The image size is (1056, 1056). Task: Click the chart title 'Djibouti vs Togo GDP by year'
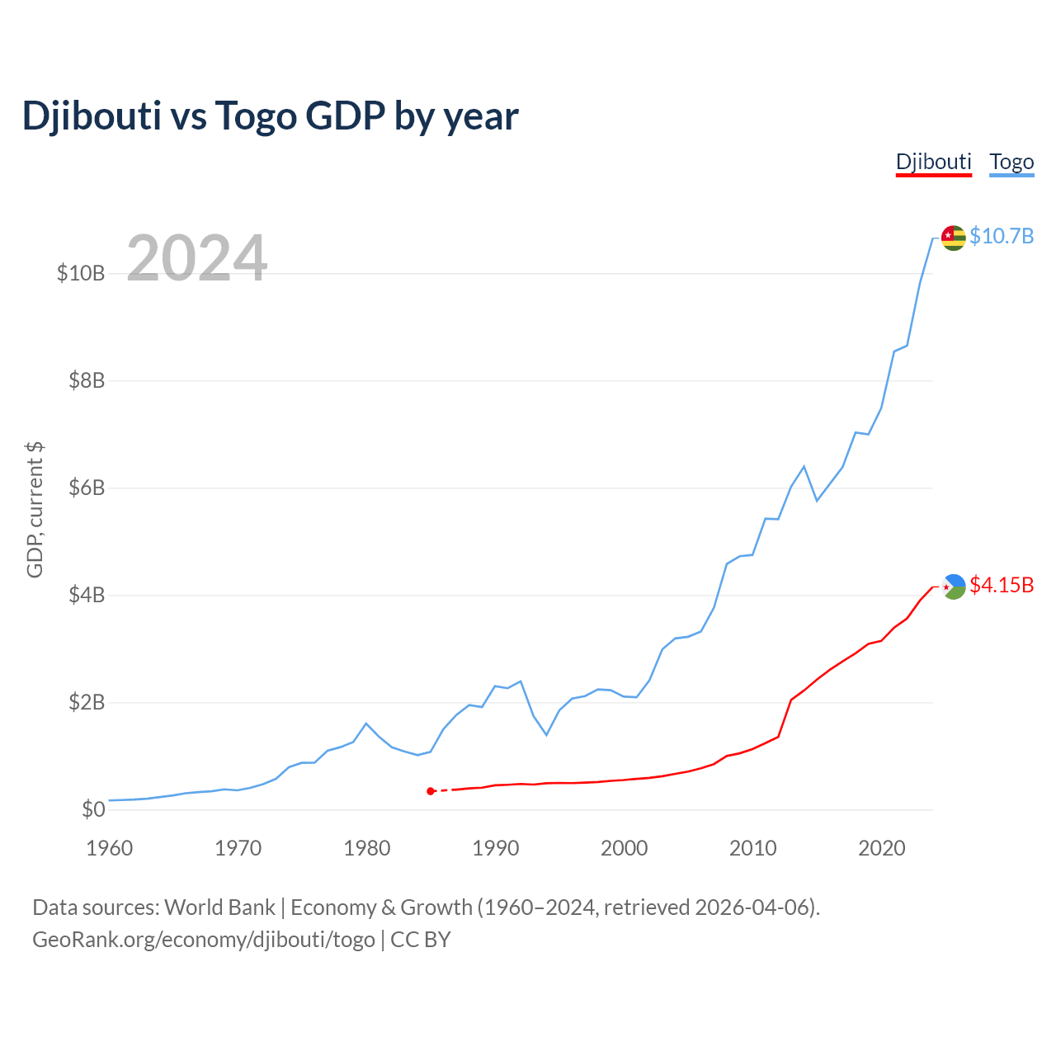click(270, 116)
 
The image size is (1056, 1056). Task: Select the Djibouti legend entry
click(934, 162)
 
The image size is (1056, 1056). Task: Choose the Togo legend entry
click(1011, 162)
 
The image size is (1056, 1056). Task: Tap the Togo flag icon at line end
click(954, 238)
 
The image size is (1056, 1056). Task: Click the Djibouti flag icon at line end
click(954, 587)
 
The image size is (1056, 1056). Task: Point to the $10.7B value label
click(1002, 236)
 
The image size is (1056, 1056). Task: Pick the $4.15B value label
click(1002, 585)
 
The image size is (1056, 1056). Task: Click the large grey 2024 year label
click(197, 258)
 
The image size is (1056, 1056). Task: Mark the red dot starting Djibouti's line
click(431, 791)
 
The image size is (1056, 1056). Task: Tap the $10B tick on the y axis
click(81, 273)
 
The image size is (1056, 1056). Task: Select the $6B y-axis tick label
click(87, 488)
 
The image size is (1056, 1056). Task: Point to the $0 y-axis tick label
click(93, 809)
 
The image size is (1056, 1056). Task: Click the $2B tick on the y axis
click(87, 702)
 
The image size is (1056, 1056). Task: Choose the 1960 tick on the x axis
click(110, 848)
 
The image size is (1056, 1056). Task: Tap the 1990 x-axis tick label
click(496, 848)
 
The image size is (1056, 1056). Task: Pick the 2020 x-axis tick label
click(882, 848)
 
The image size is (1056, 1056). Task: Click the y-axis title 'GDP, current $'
click(35, 510)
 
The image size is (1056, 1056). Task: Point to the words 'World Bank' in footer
click(219, 907)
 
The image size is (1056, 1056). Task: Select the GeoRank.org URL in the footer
click(204, 940)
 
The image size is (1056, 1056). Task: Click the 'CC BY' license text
click(421, 940)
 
